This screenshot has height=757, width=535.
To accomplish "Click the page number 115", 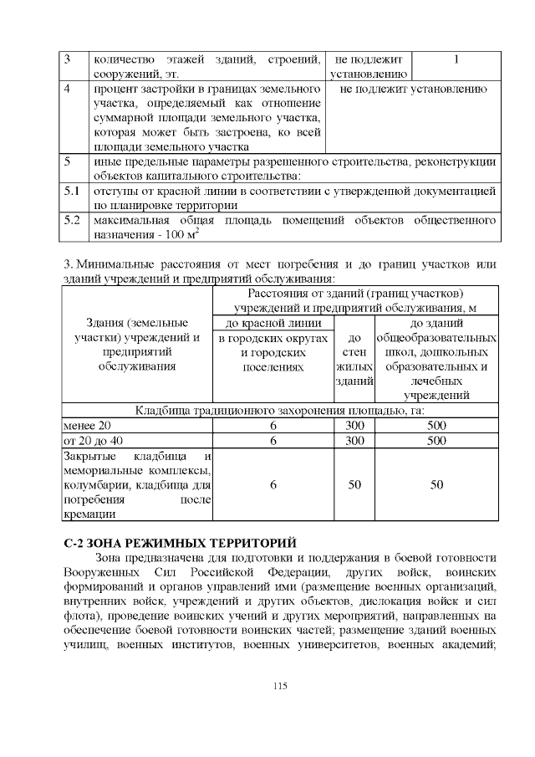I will point(279,686).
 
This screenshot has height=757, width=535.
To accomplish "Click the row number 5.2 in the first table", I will point(71,221).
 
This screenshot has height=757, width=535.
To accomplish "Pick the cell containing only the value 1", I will point(456,60).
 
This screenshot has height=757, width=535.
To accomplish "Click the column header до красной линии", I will point(273,323).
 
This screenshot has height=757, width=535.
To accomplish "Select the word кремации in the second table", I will point(88,514).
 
